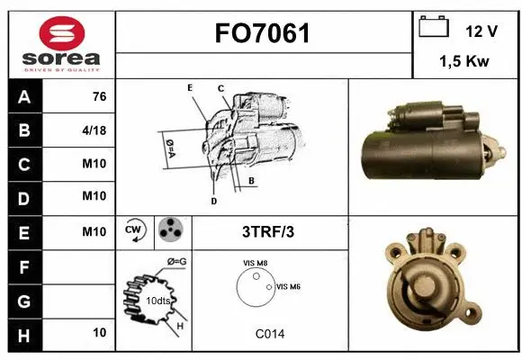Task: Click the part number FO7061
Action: [x=264, y=34]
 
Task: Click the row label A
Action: [x=23, y=97]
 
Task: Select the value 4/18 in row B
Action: [x=94, y=130]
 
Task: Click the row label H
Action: [x=23, y=334]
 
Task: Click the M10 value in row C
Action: [x=94, y=164]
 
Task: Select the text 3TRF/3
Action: [x=268, y=231]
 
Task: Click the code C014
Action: [x=269, y=333]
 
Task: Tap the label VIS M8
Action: [x=256, y=262]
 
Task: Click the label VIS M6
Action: [x=288, y=286]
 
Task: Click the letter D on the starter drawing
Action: [x=213, y=201]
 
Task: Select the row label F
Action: [x=23, y=266]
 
